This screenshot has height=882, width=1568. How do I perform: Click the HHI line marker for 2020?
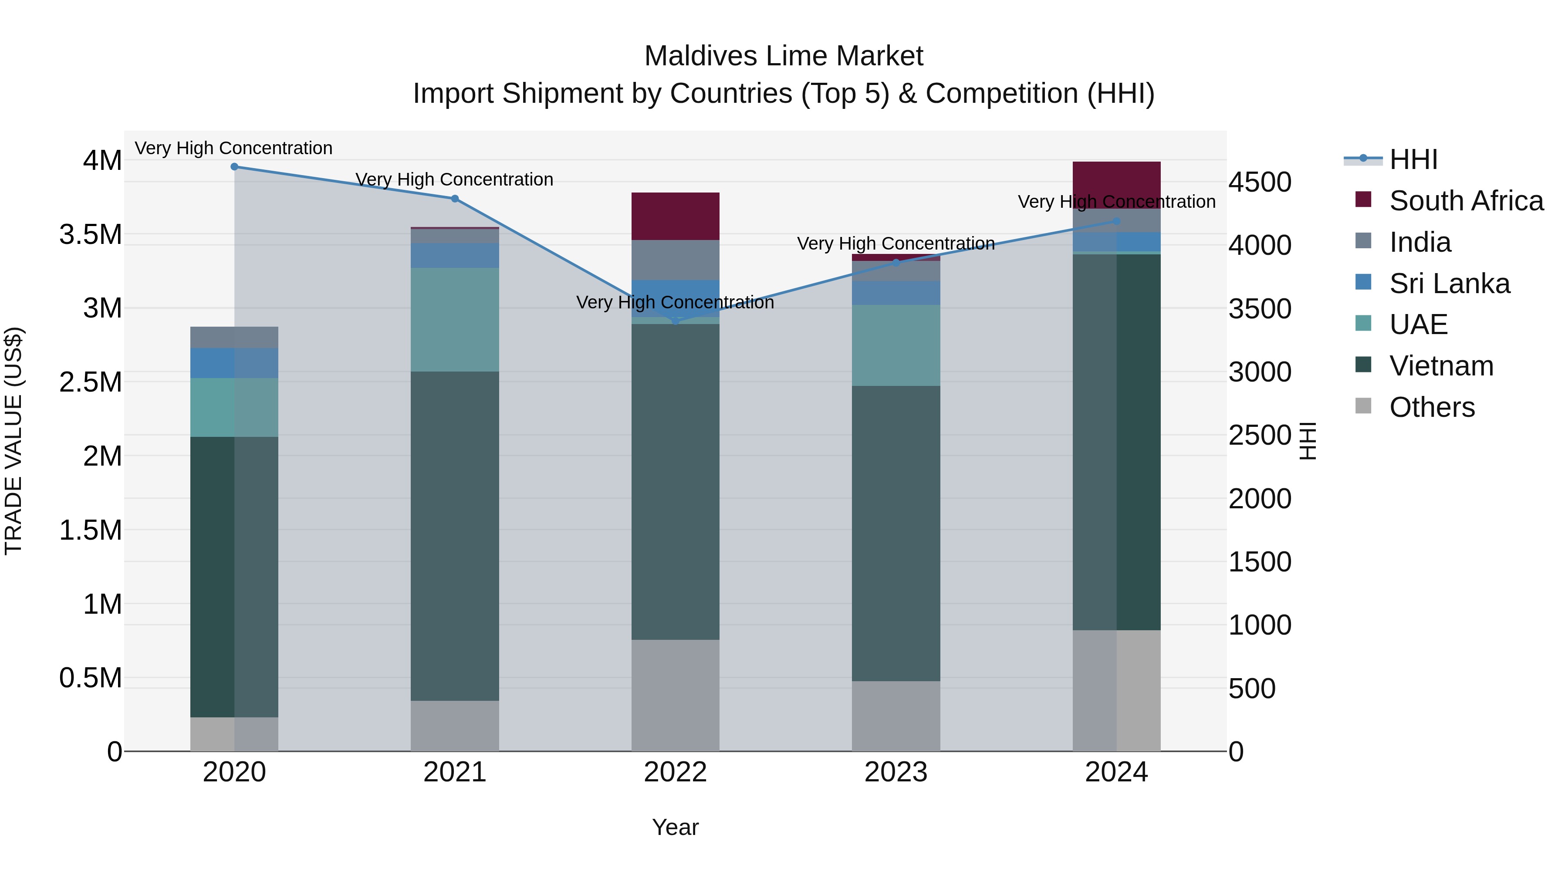(234, 167)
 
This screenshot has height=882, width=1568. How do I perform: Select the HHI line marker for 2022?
(675, 321)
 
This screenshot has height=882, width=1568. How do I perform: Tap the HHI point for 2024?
(1116, 222)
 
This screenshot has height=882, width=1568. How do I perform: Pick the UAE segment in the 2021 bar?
(455, 320)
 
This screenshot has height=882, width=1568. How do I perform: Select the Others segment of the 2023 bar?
(896, 716)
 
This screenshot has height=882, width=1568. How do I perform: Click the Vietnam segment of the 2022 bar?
(675, 481)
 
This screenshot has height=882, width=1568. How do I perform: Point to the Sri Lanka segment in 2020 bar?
(234, 363)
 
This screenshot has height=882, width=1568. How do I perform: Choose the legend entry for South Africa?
(1466, 201)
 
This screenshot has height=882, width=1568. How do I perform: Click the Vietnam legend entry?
(1441, 366)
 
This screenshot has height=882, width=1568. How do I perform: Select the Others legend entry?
(1432, 407)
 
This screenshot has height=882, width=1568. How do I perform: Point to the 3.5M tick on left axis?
(91, 234)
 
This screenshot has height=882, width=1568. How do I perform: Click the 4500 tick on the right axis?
(1259, 182)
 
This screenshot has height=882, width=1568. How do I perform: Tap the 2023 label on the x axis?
(896, 772)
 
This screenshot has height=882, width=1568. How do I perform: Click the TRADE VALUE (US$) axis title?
(14, 441)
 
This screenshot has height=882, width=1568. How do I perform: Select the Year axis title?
(675, 827)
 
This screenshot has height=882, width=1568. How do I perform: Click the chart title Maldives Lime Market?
(784, 56)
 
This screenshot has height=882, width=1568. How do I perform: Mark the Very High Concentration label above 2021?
(455, 179)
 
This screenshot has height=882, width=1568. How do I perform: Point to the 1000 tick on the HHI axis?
(1259, 625)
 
